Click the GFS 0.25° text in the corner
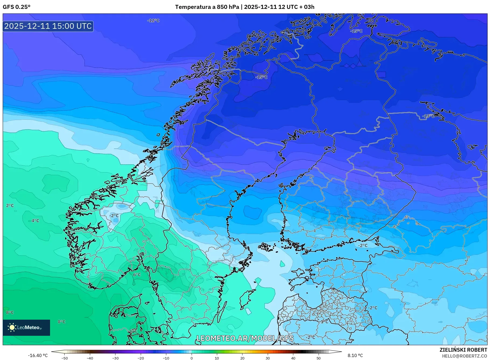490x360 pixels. pyautogui.click(x=16, y=7)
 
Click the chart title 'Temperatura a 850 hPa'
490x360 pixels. pyautogui.click(x=207, y=7)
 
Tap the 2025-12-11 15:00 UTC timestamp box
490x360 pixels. pyautogui.click(x=48, y=26)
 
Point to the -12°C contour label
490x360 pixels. pyautogui.click(x=153, y=20)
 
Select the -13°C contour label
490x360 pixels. pyautogui.click(x=428, y=116)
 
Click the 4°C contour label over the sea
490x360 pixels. pyautogui.click(x=35, y=221)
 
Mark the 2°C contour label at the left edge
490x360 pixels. pyautogui.click(x=10, y=206)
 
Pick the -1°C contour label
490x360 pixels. pyautogui.click(x=324, y=322)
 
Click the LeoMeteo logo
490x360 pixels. pyautogui.click(x=26, y=327)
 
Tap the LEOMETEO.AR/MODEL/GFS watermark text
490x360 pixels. pyautogui.click(x=245, y=338)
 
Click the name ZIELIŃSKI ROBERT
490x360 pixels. pyautogui.click(x=463, y=350)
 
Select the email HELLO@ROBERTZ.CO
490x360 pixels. pyautogui.click(x=464, y=356)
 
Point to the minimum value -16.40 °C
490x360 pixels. pyautogui.click(x=38, y=355)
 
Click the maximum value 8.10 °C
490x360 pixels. pyautogui.click(x=355, y=355)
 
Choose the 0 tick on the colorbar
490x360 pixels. pyautogui.click(x=192, y=358)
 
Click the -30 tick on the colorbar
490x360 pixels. pyautogui.click(x=115, y=358)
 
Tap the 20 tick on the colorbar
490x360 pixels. pyautogui.click(x=242, y=358)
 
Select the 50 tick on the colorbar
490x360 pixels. pyautogui.click(x=319, y=358)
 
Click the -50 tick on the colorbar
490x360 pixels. pyautogui.click(x=64, y=358)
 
